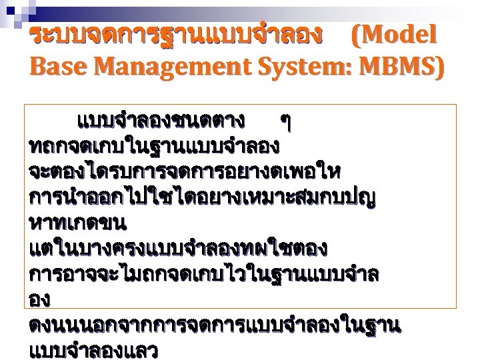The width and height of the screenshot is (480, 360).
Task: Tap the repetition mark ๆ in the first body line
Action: pos(286,121)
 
